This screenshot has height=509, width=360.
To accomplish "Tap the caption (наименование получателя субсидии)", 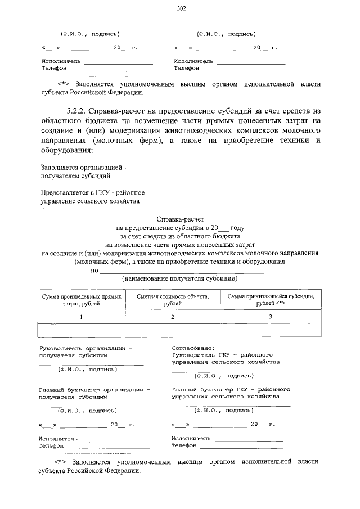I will (180, 278).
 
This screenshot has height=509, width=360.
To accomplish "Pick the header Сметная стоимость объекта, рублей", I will (173, 299).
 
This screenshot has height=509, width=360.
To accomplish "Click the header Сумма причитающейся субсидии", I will (270, 296).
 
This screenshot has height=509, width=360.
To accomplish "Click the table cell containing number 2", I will (173, 317).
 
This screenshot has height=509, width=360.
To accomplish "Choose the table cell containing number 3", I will (270, 317).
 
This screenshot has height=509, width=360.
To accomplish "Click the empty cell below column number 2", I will (173, 330).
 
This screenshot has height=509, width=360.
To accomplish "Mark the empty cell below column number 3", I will (270, 330).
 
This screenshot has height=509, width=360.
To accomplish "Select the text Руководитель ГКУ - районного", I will (222, 355).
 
